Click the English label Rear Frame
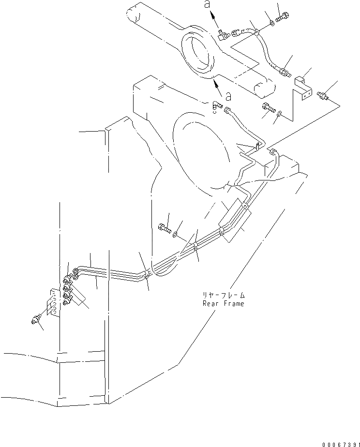[223, 303]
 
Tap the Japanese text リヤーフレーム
[224, 295]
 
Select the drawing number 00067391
[334, 442]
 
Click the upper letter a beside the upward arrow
[207, 4]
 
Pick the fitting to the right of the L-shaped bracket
[323, 97]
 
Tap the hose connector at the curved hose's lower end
[284, 73]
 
